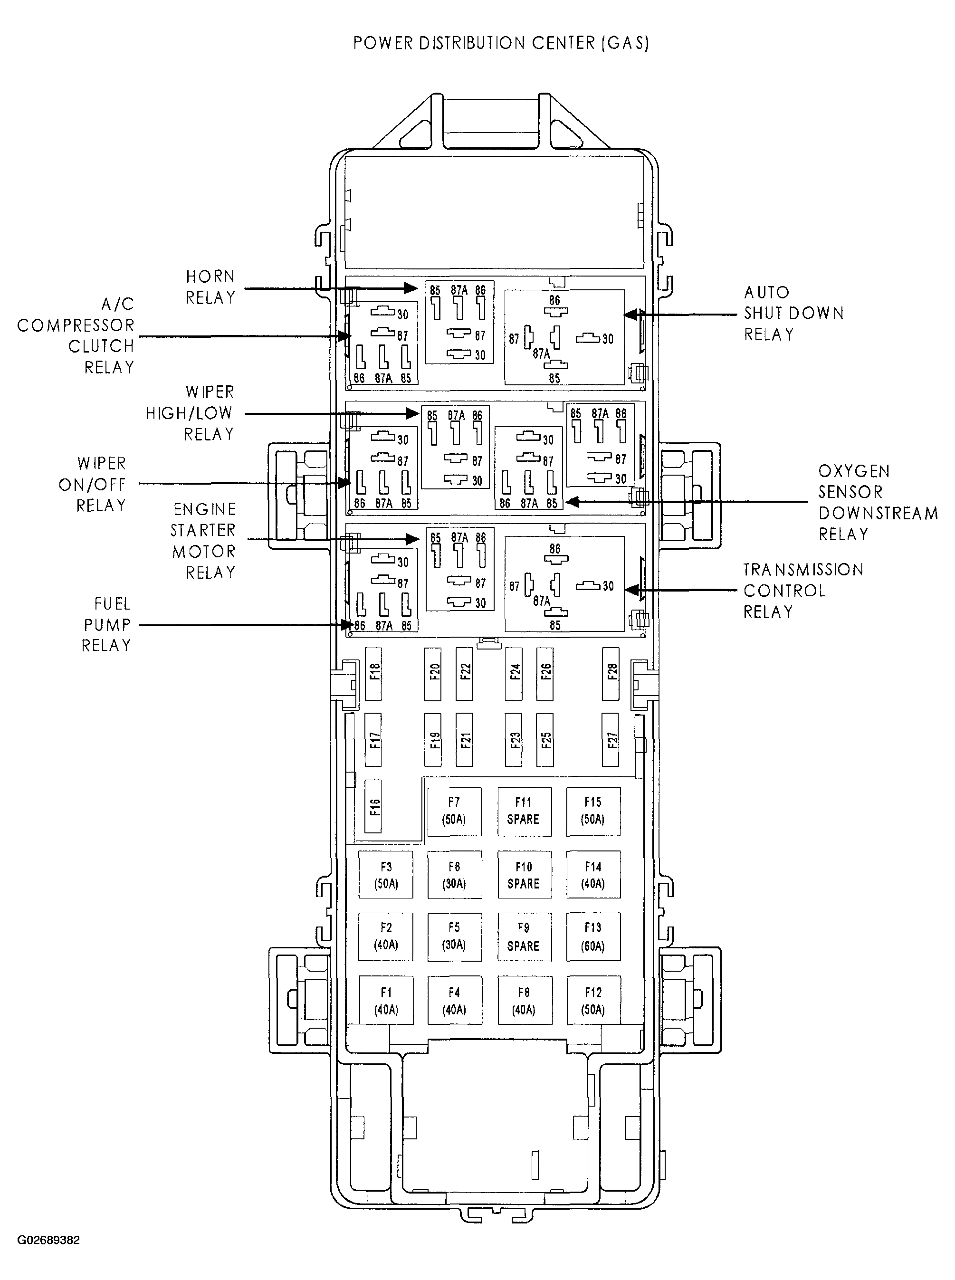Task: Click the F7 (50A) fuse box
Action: pos(454,811)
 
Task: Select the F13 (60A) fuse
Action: pos(593,936)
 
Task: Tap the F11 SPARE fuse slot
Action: pos(525,811)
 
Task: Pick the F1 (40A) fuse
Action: pos(386,1000)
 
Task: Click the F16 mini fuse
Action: pos(374,806)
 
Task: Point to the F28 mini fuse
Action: pos(611,674)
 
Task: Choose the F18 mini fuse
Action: pos(374,674)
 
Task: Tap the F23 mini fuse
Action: pos(513,740)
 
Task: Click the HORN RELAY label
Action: pos(210,287)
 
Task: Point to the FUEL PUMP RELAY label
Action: pos(107,624)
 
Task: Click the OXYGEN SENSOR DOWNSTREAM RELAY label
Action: pos(878,502)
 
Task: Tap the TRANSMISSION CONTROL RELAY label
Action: pos(803,590)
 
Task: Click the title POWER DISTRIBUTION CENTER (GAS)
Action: pos(501,43)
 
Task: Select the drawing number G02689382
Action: pos(48,1240)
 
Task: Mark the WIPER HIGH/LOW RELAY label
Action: pos(190,413)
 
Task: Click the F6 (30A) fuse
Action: pos(454,875)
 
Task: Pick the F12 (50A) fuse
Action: pos(593,1000)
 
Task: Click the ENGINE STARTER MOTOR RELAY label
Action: pos(203,541)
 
